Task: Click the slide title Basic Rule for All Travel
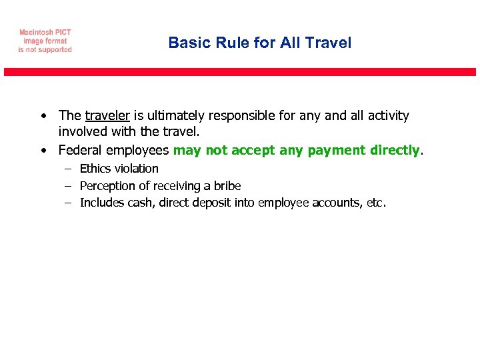259,43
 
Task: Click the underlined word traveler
107,116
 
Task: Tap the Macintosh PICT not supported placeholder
45,41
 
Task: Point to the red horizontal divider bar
240,72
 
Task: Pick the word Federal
81,151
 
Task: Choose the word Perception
107,186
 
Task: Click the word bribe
227,186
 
